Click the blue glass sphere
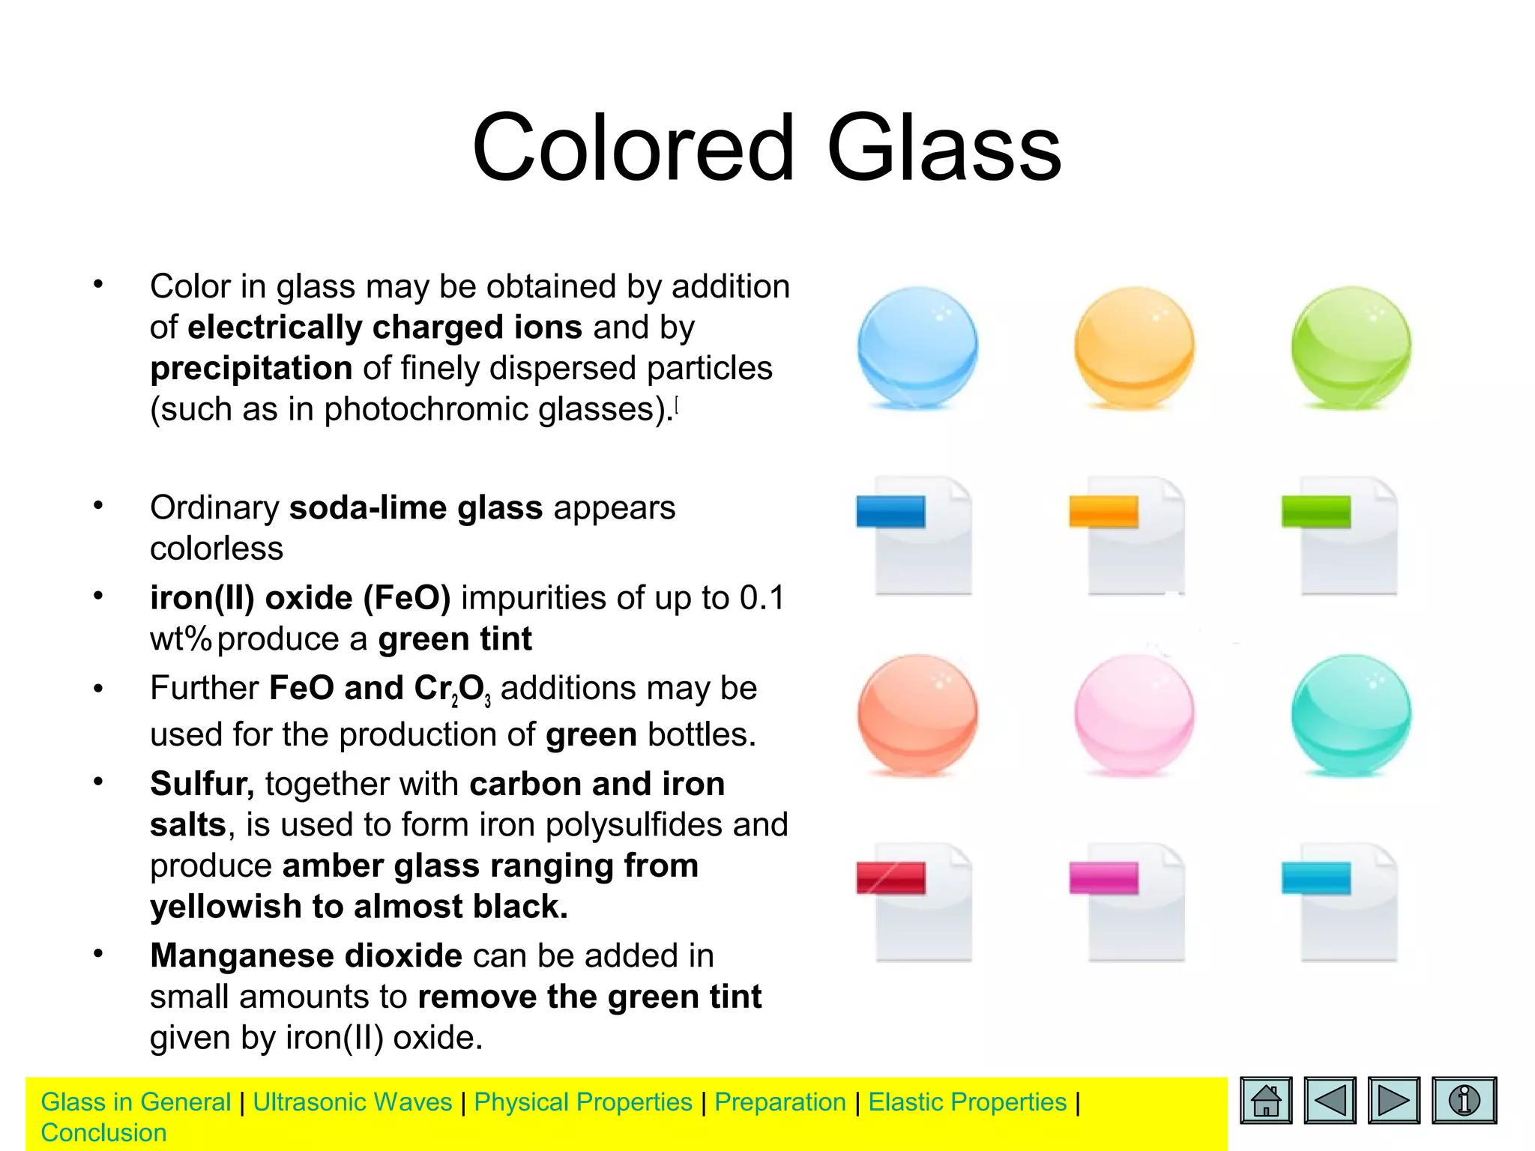point(917,347)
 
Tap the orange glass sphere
point(1134,347)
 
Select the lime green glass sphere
point(1351,347)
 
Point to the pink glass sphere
point(1134,714)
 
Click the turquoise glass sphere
point(1351,714)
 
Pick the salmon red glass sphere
point(917,714)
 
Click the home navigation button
point(1266,1100)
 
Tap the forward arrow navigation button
point(1393,1100)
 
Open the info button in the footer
point(1464,1100)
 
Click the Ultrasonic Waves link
point(352,1102)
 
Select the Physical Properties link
point(583,1102)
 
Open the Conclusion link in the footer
point(103,1133)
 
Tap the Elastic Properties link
point(967,1102)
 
